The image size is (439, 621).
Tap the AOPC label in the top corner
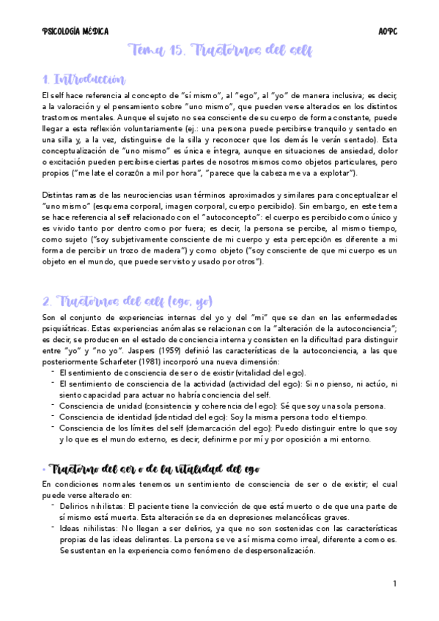coord(388,31)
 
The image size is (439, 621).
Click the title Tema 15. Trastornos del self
coord(220,51)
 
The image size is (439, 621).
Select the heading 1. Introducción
coord(84,79)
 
